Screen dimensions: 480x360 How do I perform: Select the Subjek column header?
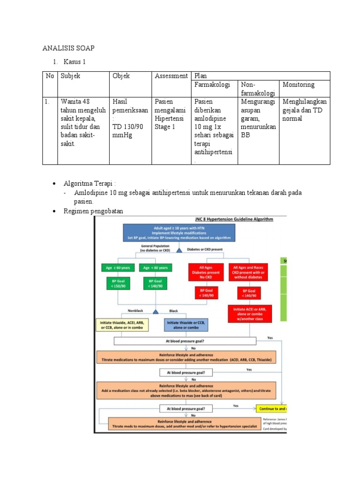[70, 76]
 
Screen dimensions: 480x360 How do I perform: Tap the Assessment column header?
[171, 76]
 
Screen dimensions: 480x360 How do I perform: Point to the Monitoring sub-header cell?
[298, 85]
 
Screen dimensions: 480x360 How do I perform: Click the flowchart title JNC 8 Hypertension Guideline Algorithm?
[233, 219]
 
